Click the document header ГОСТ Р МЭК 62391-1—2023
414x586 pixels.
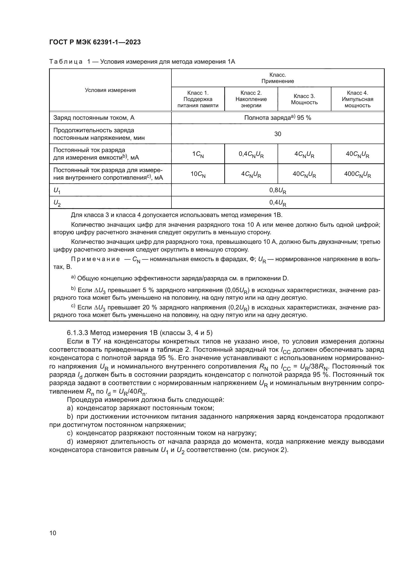[x=95, y=42]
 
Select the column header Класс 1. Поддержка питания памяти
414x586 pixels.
[x=198, y=99]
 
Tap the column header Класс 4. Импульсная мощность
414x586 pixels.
[x=357, y=99]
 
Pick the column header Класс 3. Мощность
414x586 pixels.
[x=304, y=99]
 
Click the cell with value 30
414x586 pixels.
[x=278, y=134]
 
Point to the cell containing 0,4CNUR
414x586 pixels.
[x=251, y=154]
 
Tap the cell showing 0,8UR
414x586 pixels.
[x=278, y=190]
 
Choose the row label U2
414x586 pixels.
[x=57, y=203]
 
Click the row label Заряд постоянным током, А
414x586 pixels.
[x=94, y=118]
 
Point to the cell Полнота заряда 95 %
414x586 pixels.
[x=278, y=118]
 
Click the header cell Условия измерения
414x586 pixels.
[x=110, y=90]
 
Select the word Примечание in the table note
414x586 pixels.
[x=95, y=259]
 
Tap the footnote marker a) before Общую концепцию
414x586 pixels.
[x=73, y=277]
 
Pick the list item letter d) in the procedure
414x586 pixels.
[x=70, y=441]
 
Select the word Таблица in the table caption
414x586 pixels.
[x=66, y=62]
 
